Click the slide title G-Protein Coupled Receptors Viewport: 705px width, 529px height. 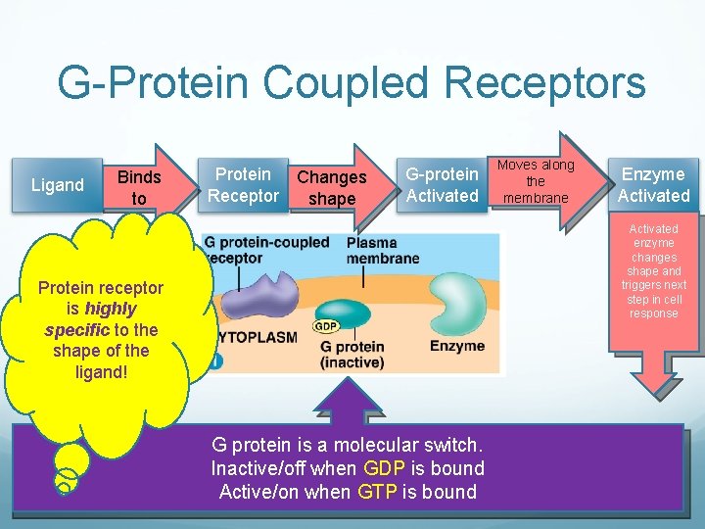point(352,82)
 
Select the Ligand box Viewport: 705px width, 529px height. point(58,185)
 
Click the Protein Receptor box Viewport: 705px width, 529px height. point(243,185)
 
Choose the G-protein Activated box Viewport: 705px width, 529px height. point(442,185)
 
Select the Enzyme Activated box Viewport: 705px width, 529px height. point(653,185)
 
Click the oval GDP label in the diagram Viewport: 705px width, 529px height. point(326,326)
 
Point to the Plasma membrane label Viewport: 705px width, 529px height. point(383,251)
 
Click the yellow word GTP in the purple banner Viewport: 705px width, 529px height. point(377,492)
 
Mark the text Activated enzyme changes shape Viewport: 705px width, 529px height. point(653,250)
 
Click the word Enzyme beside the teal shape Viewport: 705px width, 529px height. point(456,346)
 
